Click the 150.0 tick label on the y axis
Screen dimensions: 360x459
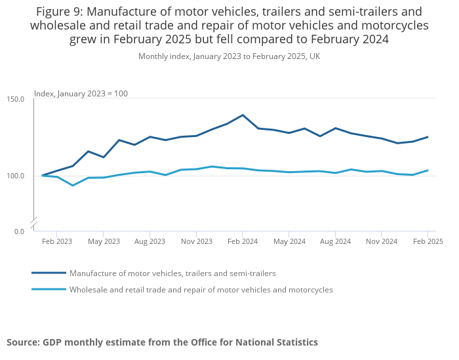(16, 99)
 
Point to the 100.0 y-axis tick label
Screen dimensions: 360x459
(16, 176)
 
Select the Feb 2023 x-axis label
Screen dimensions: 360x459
(57, 241)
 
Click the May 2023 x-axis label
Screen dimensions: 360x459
(104, 241)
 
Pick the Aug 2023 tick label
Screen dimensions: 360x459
(150, 241)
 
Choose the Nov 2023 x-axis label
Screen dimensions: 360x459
(197, 241)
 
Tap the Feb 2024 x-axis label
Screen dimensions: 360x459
(243, 241)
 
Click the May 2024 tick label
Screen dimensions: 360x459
(289, 241)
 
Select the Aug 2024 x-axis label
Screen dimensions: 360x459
(335, 241)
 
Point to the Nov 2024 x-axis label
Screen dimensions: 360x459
(382, 241)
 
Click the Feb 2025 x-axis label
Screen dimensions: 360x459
(428, 241)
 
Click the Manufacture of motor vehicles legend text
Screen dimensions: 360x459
(172, 273)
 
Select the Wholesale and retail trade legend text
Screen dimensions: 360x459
(201, 290)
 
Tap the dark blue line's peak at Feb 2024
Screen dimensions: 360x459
(243, 115)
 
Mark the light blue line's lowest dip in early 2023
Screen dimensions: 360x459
(73, 186)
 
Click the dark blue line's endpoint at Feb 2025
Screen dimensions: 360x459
(428, 137)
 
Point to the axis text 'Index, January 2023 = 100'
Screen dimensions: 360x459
(81, 94)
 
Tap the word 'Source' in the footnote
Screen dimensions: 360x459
(22, 342)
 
